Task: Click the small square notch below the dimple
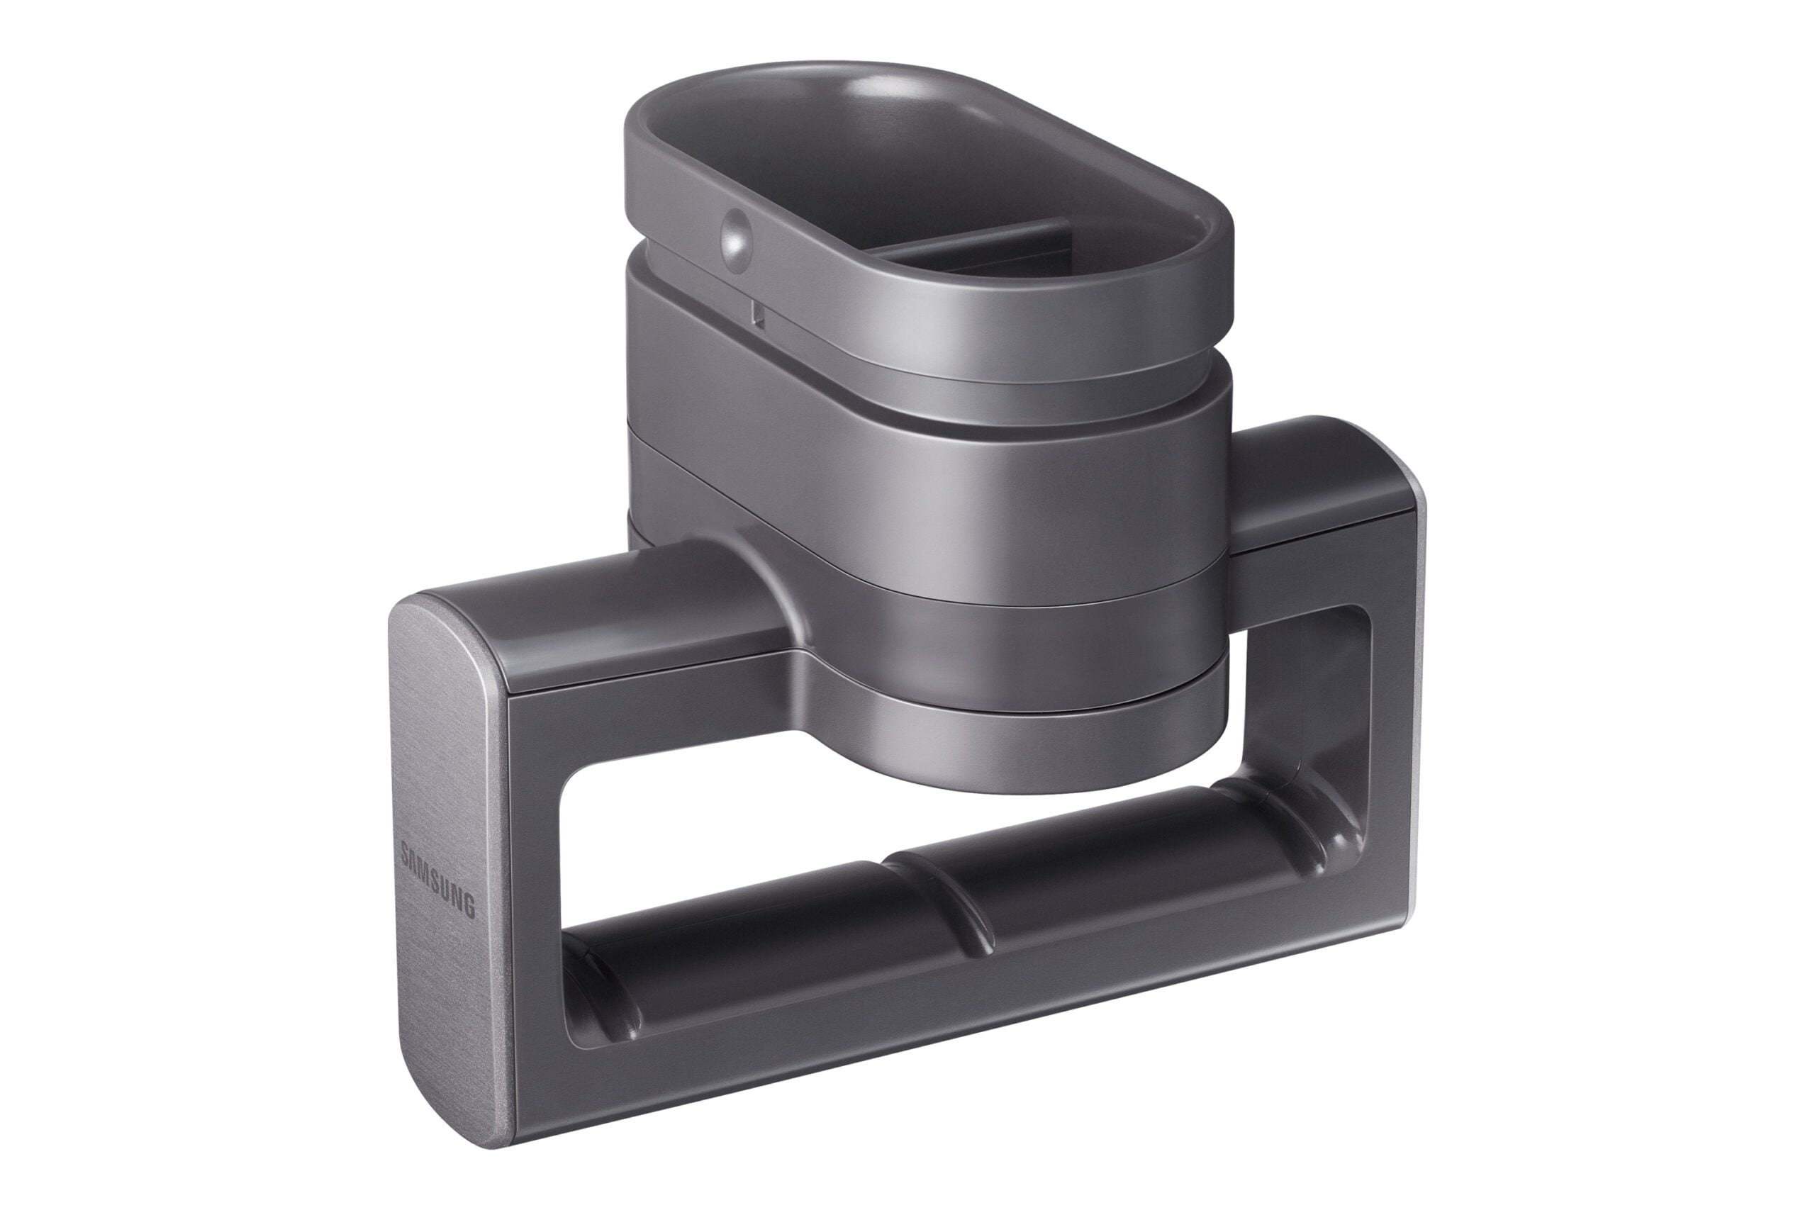coord(758,313)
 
